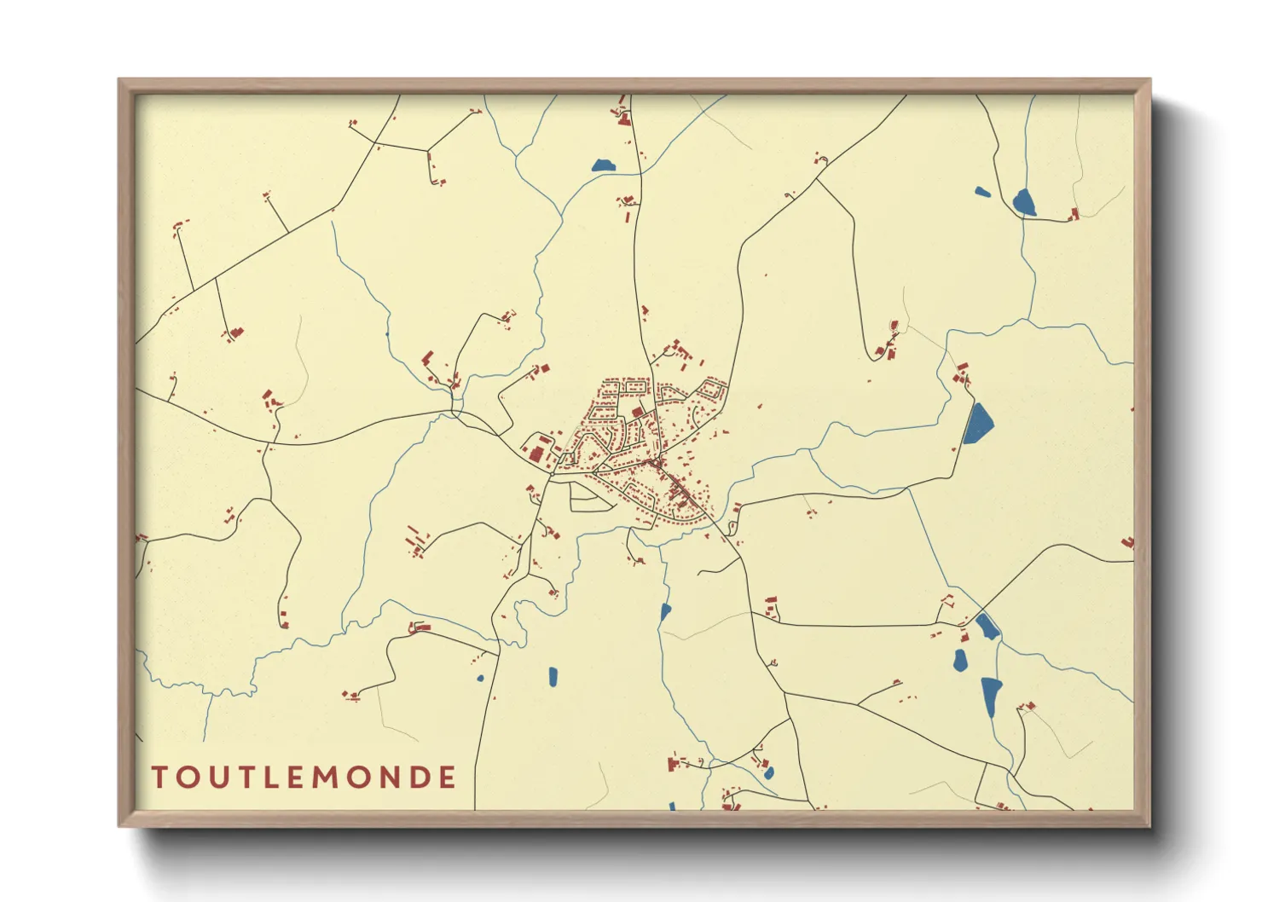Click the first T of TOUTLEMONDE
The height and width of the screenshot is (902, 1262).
click(x=159, y=778)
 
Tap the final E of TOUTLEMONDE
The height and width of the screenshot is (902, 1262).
click(x=448, y=778)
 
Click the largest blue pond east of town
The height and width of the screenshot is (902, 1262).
click(x=978, y=423)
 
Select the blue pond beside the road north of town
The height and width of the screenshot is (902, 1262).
click(x=603, y=165)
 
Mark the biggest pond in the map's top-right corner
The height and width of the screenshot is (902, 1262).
click(x=1023, y=203)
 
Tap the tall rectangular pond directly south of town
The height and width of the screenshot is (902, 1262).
click(x=553, y=677)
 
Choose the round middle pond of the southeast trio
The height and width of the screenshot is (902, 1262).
click(x=960, y=660)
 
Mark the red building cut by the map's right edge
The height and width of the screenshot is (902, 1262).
click(x=1128, y=542)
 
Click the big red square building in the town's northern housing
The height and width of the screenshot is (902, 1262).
click(x=638, y=413)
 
